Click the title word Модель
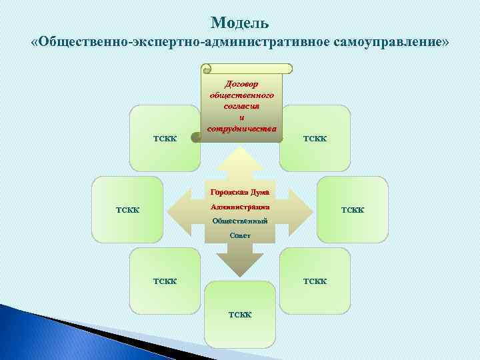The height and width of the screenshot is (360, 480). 240,23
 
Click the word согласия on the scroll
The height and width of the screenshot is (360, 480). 241,106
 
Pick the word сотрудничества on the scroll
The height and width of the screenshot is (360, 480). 241,127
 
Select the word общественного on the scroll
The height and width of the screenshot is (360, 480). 241,95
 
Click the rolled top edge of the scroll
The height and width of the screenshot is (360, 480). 247,69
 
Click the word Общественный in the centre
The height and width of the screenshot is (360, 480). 241,221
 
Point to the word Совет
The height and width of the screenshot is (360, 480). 241,235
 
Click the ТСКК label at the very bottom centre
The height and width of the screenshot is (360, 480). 240,314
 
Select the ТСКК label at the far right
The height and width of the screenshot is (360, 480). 353,210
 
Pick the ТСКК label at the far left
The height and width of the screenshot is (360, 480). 128,210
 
